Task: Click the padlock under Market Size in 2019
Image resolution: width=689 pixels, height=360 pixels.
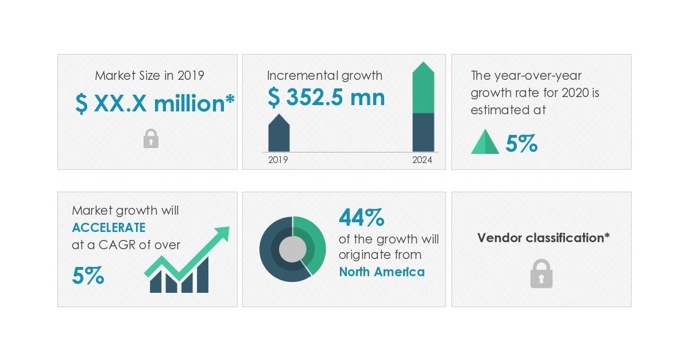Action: [x=150, y=138]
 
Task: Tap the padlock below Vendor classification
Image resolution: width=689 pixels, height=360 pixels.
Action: [x=541, y=274]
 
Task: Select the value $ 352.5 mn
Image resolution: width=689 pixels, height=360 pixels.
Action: [x=326, y=98]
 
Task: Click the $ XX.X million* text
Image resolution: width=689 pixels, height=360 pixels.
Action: [x=155, y=103]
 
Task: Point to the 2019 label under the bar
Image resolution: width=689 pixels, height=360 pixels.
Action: [x=278, y=160]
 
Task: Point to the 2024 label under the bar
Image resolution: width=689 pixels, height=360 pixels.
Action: [x=422, y=160]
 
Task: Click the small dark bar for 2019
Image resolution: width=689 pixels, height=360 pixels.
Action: [x=279, y=134]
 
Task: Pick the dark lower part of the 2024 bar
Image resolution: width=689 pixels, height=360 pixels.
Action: [x=424, y=132]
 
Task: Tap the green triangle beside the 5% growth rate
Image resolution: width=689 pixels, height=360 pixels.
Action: [x=485, y=142]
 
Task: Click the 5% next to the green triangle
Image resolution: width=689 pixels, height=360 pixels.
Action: [x=521, y=143]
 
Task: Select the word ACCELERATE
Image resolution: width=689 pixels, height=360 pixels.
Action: [x=109, y=227]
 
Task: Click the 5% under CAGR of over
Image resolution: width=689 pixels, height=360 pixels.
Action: [x=88, y=276]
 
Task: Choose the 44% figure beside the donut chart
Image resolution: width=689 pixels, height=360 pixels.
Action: [x=361, y=218]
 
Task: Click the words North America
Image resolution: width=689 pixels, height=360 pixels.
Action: [x=382, y=272]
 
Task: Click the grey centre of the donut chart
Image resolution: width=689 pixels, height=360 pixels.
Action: [x=292, y=249]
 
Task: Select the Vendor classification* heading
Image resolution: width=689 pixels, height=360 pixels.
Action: [x=543, y=238]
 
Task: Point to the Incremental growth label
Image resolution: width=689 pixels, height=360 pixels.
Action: [x=324, y=75]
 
